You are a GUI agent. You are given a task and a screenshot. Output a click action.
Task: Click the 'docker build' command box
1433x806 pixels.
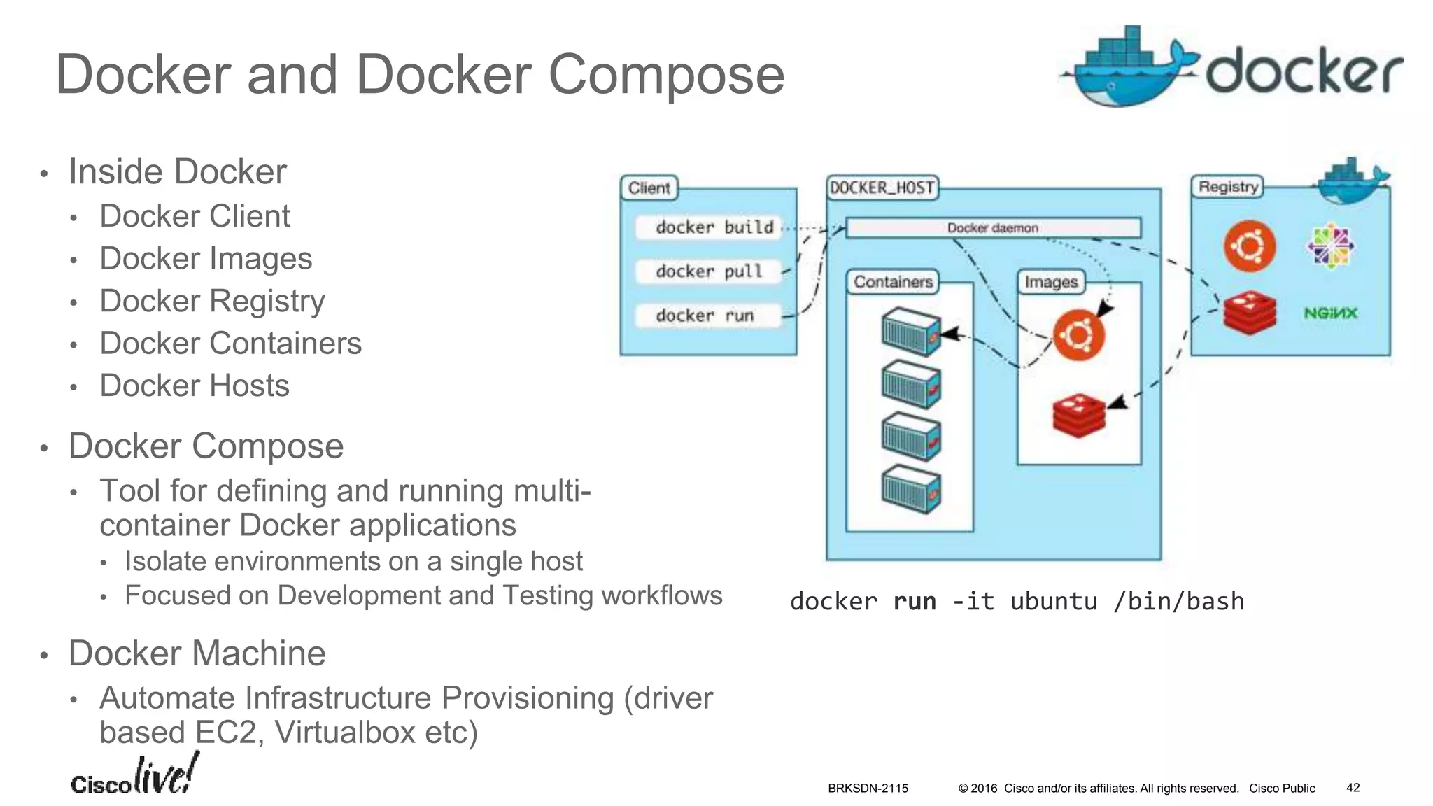coord(708,227)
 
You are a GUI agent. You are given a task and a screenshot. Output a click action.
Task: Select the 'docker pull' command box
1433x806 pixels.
coord(708,271)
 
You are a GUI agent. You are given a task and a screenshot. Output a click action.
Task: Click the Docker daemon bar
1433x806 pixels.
coord(992,228)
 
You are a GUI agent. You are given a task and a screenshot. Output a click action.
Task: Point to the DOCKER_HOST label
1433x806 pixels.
coord(882,188)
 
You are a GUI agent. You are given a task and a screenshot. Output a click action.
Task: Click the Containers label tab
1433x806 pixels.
coord(893,282)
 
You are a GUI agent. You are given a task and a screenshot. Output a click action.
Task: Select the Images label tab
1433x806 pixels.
coord(1051,282)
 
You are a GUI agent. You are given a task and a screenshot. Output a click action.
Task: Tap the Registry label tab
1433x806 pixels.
coord(1228,187)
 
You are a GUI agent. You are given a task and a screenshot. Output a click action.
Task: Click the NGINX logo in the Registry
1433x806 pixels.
coord(1330,313)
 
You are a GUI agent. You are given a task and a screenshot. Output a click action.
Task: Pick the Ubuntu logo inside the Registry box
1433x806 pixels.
coord(1250,246)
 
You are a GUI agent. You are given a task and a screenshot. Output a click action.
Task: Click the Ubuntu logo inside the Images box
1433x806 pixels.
coord(1078,335)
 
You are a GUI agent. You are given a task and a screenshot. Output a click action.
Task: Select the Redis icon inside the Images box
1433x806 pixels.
coord(1078,415)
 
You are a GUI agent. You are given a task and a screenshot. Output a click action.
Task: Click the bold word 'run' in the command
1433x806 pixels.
coord(914,602)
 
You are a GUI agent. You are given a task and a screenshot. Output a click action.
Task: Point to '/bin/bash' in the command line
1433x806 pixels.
coord(1178,602)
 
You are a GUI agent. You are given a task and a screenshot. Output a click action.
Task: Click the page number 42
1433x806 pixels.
coord(1353,788)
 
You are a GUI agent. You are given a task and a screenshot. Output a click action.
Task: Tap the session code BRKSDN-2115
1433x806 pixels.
coord(868,789)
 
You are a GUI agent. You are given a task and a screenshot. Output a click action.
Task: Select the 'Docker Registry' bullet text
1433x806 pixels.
coord(212,302)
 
